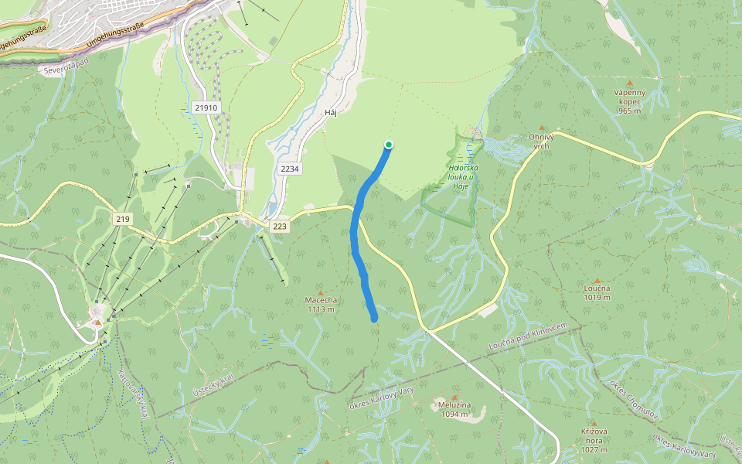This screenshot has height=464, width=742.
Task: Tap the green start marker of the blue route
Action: click(389, 144)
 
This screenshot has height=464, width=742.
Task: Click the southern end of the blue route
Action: click(374, 317)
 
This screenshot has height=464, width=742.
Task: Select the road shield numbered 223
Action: click(280, 226)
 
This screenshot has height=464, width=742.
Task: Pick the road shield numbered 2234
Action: click(290, 169)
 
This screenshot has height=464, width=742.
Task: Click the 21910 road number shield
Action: click(207, 108)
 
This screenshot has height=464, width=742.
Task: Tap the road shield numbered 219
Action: click(122, 220)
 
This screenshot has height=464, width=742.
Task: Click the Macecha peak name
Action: click(321, 300)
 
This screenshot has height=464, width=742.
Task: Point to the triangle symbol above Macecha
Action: click(321, 292)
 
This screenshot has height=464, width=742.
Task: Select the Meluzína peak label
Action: click(454, 406)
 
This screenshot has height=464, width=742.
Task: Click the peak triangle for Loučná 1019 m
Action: click(597, 281)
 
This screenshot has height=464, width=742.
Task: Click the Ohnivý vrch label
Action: click(541, 141)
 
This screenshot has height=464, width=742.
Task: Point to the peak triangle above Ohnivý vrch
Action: click(541, 128)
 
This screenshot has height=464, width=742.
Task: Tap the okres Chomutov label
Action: click(635, 400)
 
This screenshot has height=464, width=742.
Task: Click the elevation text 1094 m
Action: click(454, 415)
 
